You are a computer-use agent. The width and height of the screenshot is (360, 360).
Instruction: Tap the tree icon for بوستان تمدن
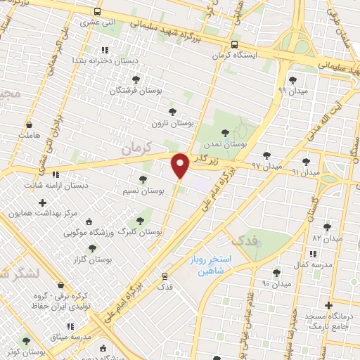[x=225, y=132]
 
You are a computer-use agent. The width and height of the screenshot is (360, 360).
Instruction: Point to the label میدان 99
[x=292, y=91]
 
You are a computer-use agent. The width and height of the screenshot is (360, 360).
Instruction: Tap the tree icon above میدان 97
[x=266, y=155]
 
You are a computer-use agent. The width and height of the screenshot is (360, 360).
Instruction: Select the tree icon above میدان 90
[x=276, y=272]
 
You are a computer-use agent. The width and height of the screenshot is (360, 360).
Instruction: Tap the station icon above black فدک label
[x=165, y=276]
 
